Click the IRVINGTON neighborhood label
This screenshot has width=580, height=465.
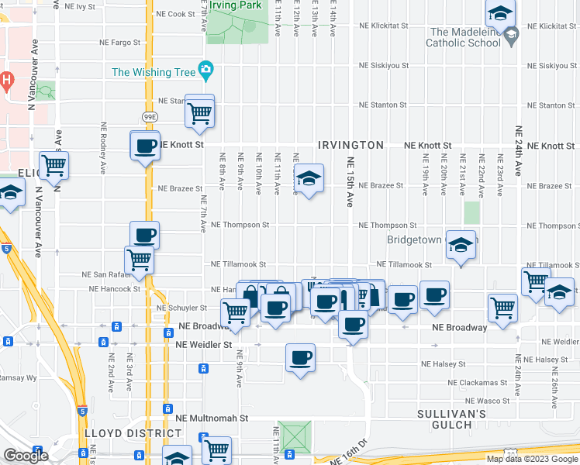tap(350, 145)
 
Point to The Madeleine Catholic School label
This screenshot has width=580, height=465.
tap(465, 37)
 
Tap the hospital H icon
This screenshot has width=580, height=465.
tap(7, 79)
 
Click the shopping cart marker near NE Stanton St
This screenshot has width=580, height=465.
tap(200, 112)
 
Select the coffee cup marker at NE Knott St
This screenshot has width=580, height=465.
tap(145, 146)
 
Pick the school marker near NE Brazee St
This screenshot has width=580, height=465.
tap(309, 181)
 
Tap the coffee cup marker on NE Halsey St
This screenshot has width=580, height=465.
tap(300, 358)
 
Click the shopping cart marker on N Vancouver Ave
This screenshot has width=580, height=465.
tap(54, 164)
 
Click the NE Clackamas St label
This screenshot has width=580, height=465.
tap(478, 382)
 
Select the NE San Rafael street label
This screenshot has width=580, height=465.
tap(104, 274)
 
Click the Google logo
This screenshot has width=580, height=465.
tap(26, 456)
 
